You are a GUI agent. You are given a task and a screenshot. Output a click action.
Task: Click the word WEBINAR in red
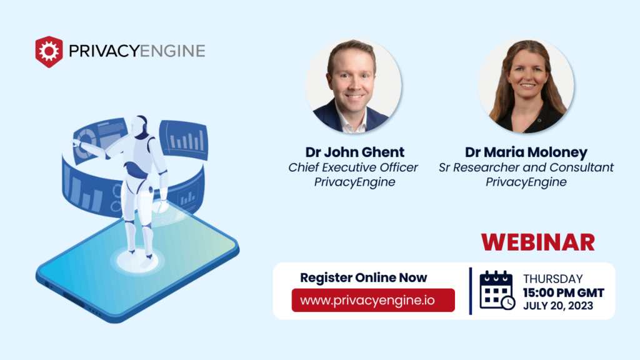click(x=537, y=242)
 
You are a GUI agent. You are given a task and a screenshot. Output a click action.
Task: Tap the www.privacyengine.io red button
click(x=373, y=300)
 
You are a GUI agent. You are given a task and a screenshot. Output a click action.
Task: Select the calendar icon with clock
click(x=497, y=291)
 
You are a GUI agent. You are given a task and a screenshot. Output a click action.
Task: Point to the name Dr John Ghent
click(x=354, y=152)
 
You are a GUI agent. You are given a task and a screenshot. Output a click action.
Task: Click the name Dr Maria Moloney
click(x=526, y=152)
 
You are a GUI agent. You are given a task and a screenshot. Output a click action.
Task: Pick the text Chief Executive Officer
click(x=353, y=167)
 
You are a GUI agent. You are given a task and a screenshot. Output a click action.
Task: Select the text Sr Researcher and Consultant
click(x=526, y=167)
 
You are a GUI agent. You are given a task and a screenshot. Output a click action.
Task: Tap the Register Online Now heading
click(x=364, y=277)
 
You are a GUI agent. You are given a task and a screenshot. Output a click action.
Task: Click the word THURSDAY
click(x=552, y=279)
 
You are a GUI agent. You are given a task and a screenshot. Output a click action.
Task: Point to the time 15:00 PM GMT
click(x=563, y=292)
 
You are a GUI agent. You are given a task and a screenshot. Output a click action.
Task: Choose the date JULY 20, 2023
click(x=558, y=306)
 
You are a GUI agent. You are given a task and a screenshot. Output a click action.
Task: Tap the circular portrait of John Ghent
click(x=354, y=86)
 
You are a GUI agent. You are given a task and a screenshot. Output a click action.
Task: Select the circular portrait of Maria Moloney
click(x=526, y=86)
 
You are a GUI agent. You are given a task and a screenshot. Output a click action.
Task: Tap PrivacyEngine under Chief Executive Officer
click(x=353, y=182)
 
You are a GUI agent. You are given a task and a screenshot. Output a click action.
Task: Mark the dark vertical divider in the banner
click(x=470, y=291)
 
